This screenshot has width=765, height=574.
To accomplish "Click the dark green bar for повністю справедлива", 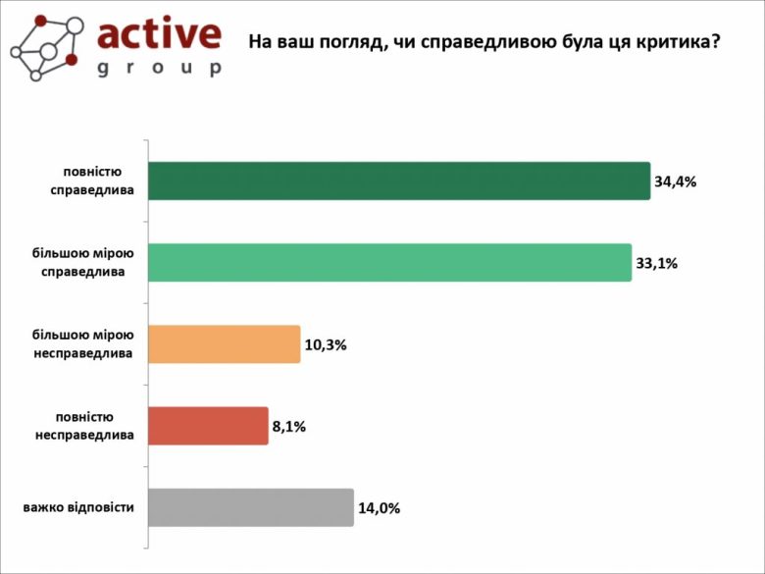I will (x=398, y=181).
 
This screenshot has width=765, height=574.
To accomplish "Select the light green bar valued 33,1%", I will (x=389, y=263).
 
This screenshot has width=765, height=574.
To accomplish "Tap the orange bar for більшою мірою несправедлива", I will (x=224, y=344).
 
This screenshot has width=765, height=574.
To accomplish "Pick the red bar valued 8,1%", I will (x=207, y=426).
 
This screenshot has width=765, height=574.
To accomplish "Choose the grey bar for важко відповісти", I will (x=250, y=507).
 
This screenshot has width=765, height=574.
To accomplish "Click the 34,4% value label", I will (x=675, y=182).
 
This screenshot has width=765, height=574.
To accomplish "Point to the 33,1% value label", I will (x=657, y=263).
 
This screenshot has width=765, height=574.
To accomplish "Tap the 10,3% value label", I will (x=326, y=345).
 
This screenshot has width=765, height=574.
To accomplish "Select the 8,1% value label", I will (x=289, y=427).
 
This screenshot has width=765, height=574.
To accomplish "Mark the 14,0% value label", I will (x=379, y=508).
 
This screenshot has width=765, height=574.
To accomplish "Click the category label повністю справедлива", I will (x=93, y=181).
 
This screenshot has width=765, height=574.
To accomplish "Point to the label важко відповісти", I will (x=78, y=507).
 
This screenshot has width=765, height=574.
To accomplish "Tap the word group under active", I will (x=159, y=68).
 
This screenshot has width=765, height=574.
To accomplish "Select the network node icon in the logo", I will (x=45, y=47).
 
